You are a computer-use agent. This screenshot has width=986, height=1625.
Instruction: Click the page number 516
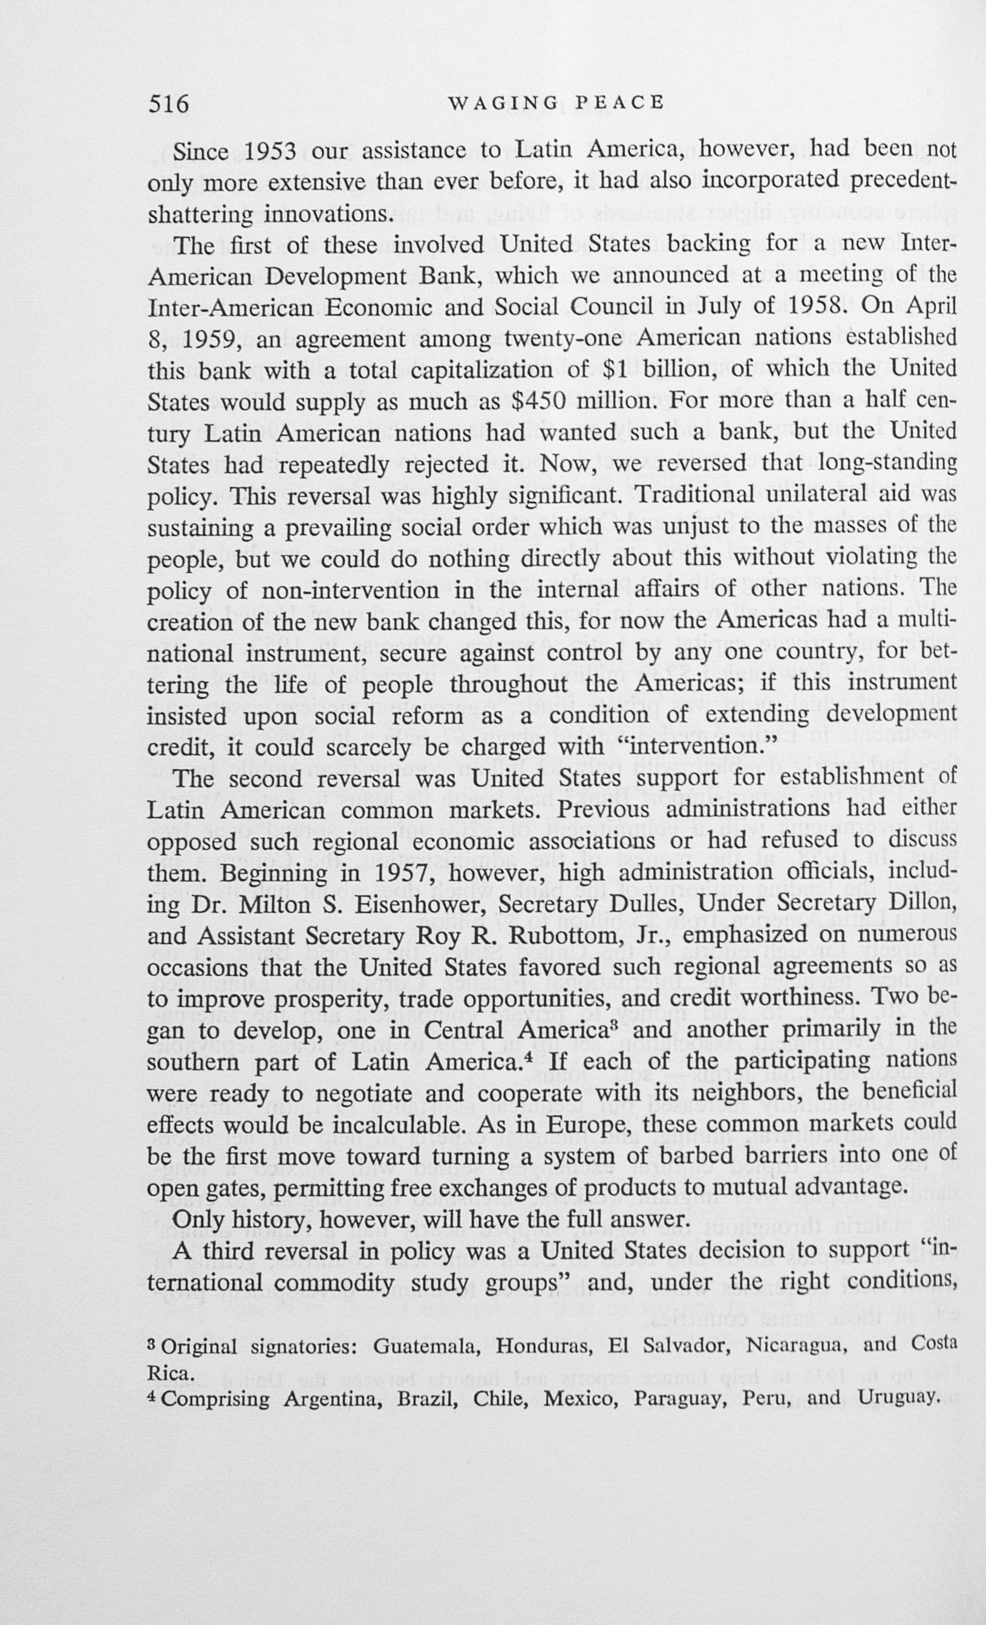point(169,103)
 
